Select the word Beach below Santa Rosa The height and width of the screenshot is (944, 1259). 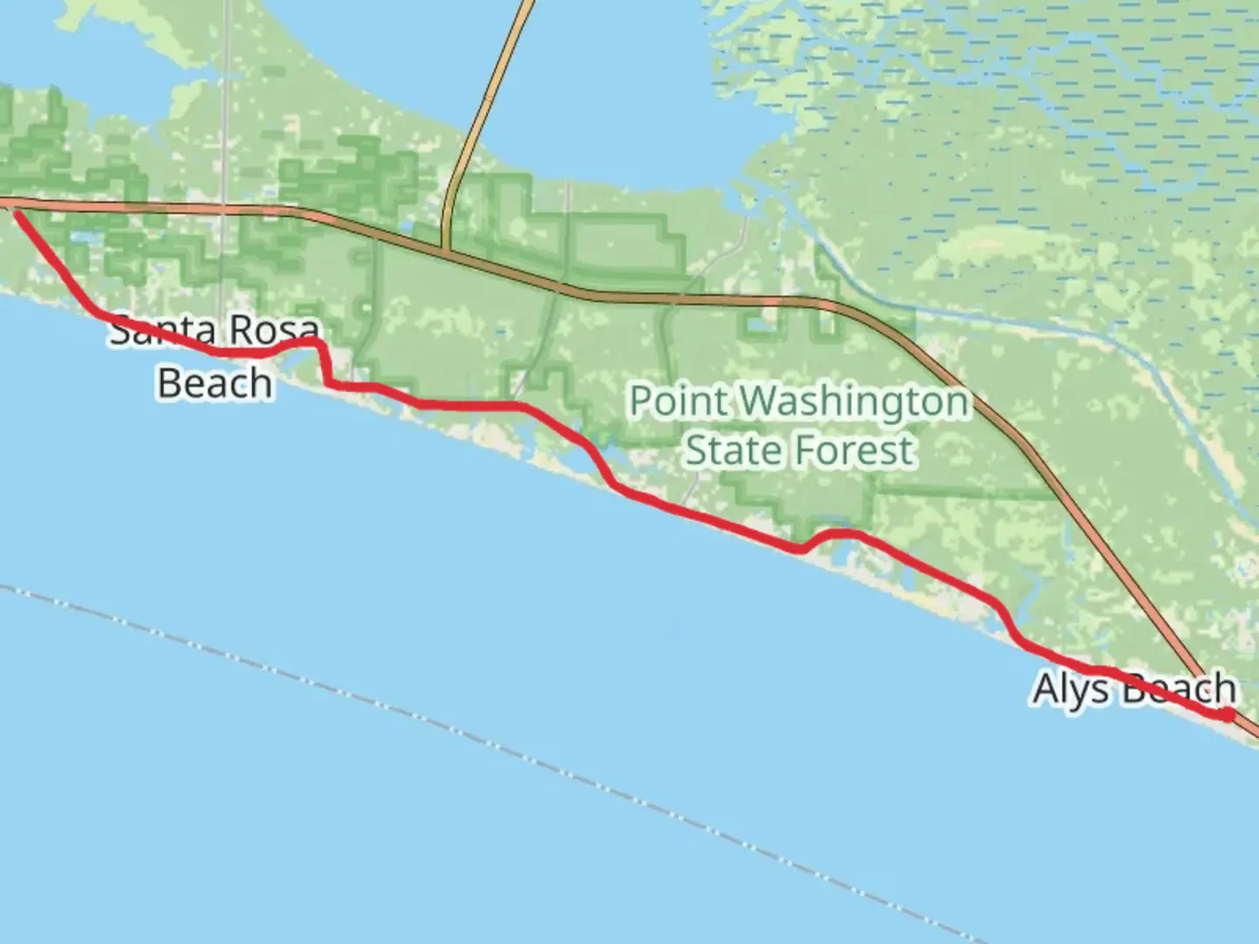214,384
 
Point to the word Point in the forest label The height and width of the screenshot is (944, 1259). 678,402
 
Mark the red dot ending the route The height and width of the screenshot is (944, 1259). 1228,715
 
